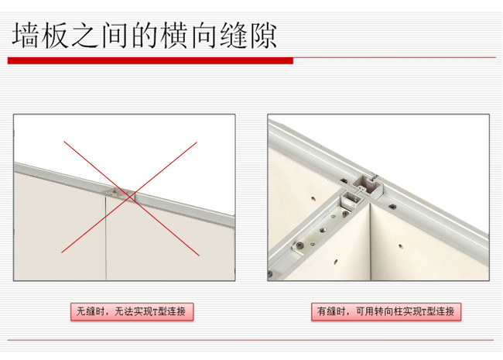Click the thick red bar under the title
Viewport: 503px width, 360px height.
pyautogui.click(x=151, y=60)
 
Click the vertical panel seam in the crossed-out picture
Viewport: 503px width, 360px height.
pyautogui.click(x=105, y=232)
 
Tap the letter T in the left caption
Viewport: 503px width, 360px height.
pyautogui.click(x=153, y=312)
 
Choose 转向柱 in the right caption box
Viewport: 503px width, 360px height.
pyautogui.click(x=386, y=312)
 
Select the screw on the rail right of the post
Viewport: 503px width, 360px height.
pyautogui.click(x=392, y=206)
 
